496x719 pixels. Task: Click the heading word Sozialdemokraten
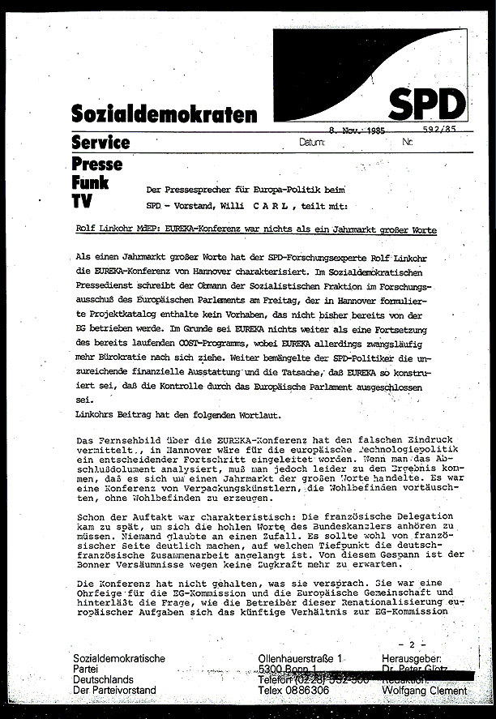[164, 113]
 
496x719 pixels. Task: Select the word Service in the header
[100, 143]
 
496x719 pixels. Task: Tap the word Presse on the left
[97, 164]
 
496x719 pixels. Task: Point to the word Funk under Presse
[90, 182]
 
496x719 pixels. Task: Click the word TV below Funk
[82, 199]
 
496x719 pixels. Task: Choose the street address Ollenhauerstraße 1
[300, 658]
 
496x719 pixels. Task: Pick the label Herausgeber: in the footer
[418, 658]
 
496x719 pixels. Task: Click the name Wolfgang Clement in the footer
[427, 691]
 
